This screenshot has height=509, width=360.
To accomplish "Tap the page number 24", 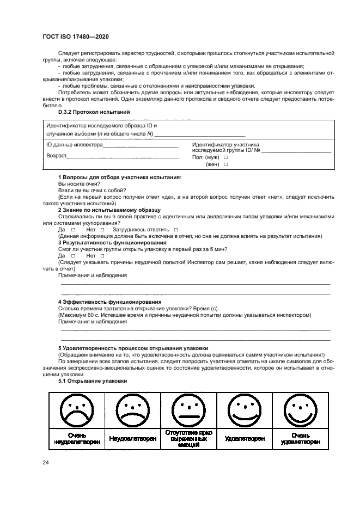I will tap(46, 463).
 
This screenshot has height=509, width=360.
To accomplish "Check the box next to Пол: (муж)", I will tap(225, 157).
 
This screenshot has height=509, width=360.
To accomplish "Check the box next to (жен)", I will tap(225, 164).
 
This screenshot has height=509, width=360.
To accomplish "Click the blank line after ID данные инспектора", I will tap(141, 146).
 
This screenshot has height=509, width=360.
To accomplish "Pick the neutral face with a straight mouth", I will tap(187, 409).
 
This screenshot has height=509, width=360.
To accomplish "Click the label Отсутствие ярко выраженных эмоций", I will tap(188, 438).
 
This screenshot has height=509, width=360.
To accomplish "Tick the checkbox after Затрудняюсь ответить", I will tap(176, 230).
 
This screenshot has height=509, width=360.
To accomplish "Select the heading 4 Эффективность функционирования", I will tap(109, 302).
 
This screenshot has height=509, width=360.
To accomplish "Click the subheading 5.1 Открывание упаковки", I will tap(93, 381).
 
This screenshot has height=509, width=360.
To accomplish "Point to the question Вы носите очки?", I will tap(75, 185).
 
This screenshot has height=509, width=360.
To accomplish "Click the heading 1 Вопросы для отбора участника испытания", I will tap(120, 178).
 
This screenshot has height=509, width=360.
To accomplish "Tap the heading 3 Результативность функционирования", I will tap(112, 243).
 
